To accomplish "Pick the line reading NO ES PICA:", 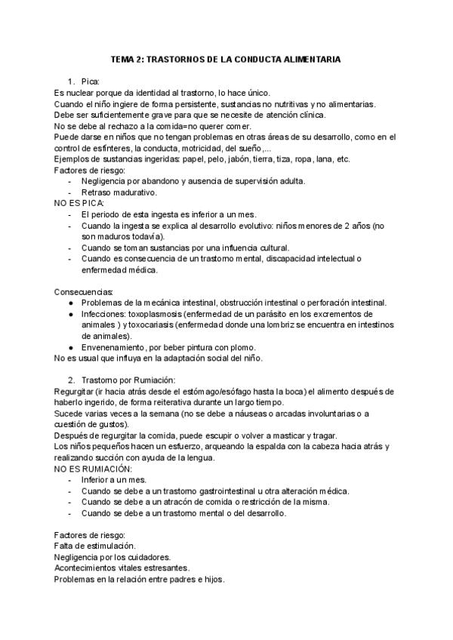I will point(79,204).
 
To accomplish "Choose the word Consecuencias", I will point(84,291).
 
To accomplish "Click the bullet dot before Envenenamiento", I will point(70,347).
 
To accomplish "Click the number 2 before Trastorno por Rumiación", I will point(70,380).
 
